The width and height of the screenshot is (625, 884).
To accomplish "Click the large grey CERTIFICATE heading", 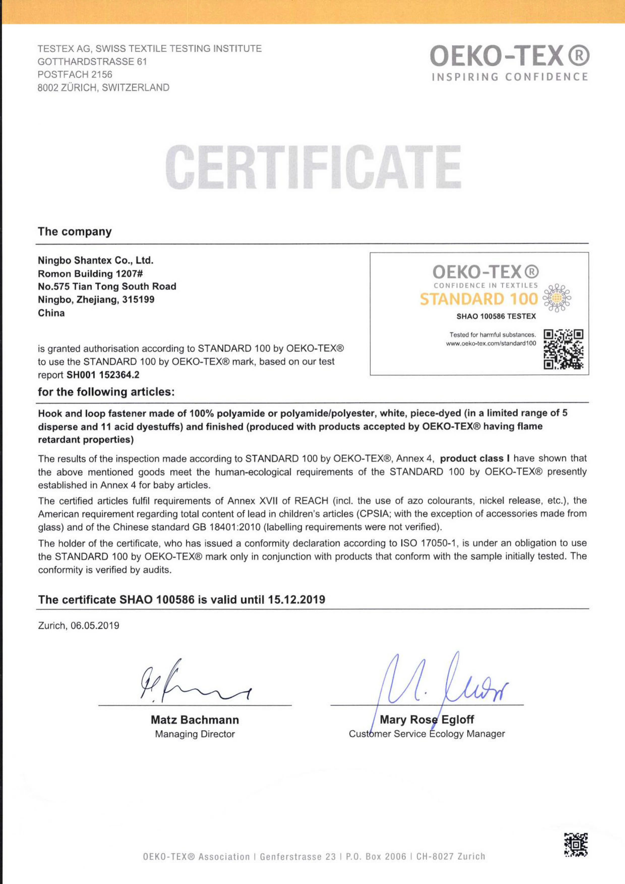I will pos(313,167).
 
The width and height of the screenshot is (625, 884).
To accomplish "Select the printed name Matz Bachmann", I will pos(195,720).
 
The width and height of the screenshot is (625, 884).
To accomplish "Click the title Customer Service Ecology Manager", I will pos(427,734).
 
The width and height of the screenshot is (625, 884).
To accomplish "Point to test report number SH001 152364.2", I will pos(103,374).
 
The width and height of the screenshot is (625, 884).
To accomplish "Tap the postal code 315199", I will pos(138,299).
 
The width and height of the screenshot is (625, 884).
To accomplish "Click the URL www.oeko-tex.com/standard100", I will pos(491,343).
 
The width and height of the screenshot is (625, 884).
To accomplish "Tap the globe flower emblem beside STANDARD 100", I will pos(557,298).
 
